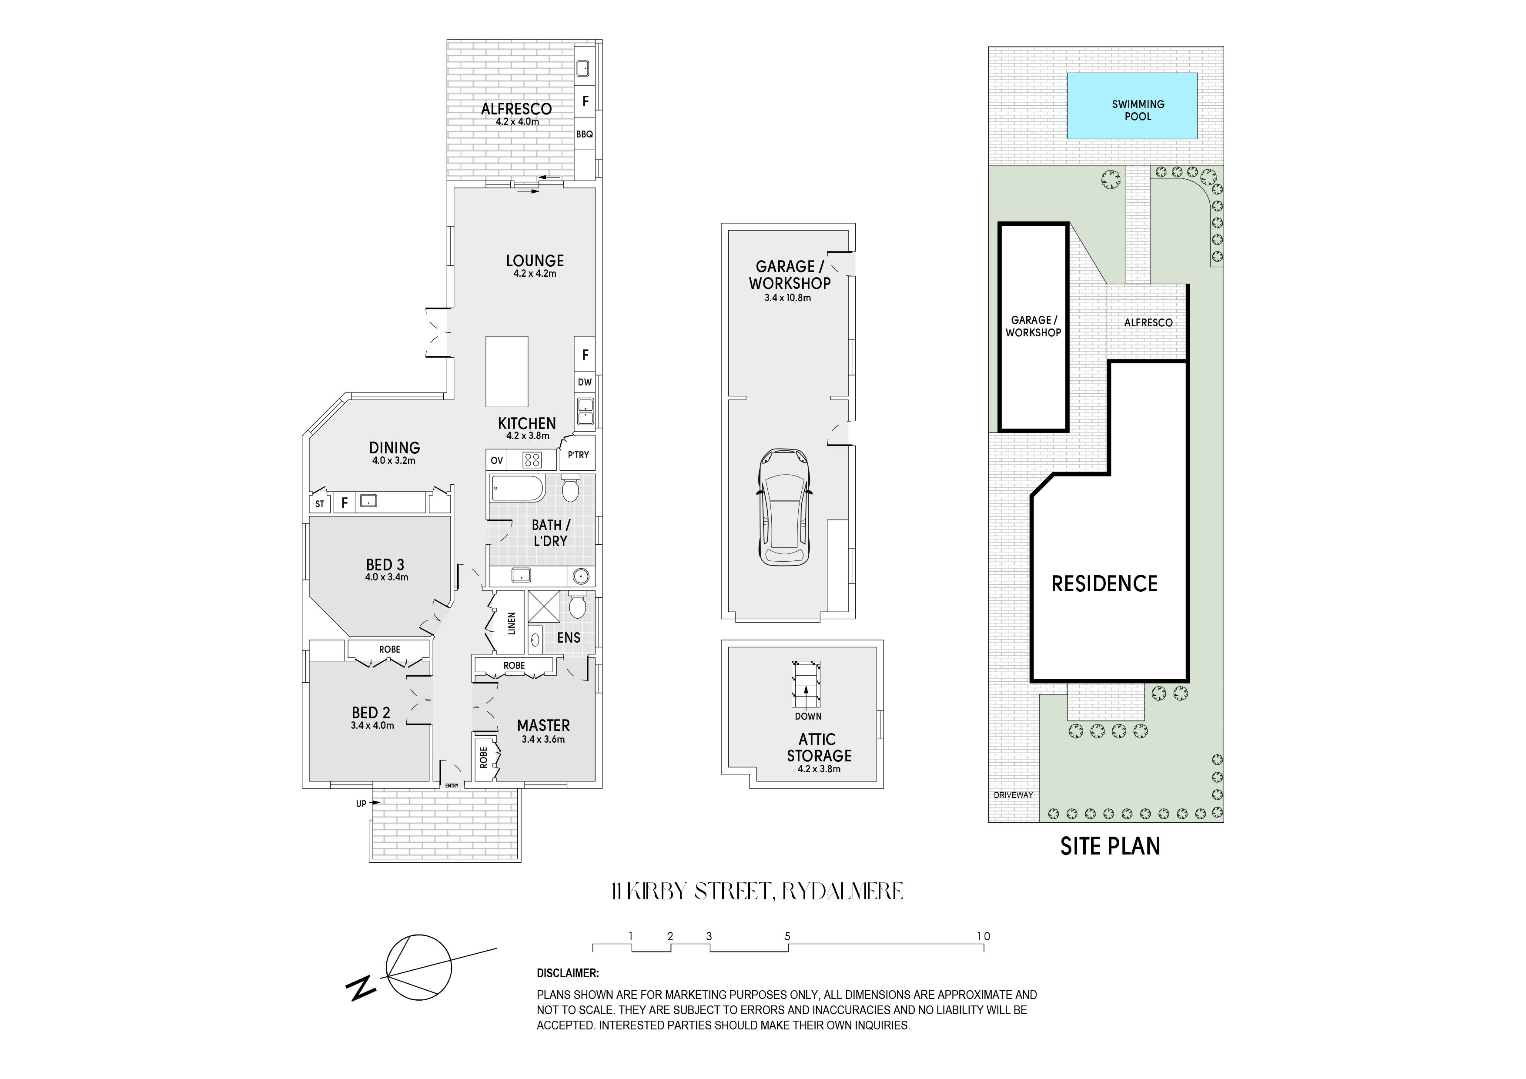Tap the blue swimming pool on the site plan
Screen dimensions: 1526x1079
point(1132,106)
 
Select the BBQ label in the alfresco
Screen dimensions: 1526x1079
point(584,134)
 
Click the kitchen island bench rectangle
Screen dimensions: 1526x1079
point(506,371)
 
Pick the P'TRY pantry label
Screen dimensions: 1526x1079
point(578,455)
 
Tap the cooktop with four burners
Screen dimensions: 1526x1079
point(532,460)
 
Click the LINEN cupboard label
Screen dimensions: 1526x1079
point(511,623)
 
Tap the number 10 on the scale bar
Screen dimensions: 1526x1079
point(983,936)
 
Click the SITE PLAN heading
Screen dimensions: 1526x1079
point(1110,846)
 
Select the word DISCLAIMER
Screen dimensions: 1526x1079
point(568,973)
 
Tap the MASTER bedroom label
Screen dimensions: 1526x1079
point(544,725)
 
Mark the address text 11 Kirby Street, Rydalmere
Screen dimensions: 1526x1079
point(757,891)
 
